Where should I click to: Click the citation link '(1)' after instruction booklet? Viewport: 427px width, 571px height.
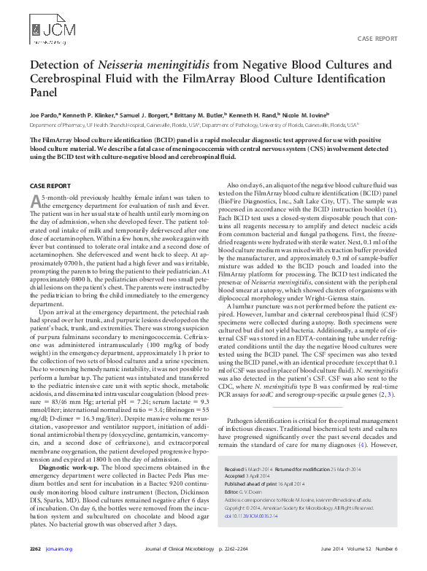click(392, 210)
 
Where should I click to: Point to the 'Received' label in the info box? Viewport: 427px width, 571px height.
click(235, 470)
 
